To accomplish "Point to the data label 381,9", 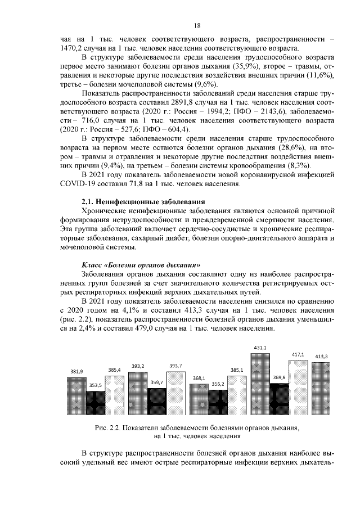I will (76, 372).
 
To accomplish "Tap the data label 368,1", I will (199, 379).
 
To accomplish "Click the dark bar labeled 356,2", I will (218, 405).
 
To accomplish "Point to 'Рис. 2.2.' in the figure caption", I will (108, 428).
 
